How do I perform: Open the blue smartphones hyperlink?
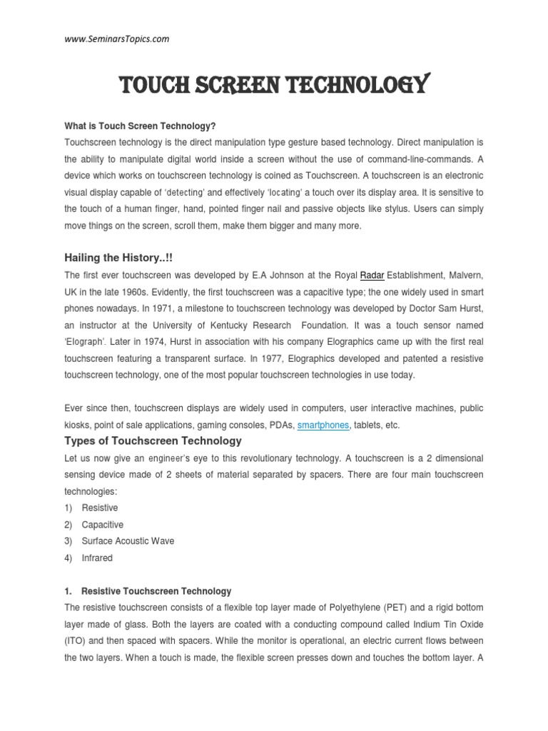point(323,425)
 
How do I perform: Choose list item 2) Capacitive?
point(102,525)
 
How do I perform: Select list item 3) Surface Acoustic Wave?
point(128,541)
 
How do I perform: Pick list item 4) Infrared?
point(97,558)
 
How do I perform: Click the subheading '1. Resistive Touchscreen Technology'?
point(156,591)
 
